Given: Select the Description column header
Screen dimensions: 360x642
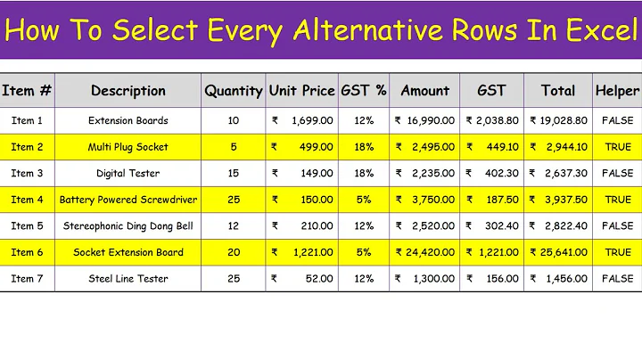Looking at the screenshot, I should click(x=128, y=91).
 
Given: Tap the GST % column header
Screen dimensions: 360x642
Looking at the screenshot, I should click(x=363, y=91).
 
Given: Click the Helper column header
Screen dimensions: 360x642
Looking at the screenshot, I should click(x=617, y=91).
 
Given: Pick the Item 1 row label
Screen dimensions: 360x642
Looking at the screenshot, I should click(x=27, y=120).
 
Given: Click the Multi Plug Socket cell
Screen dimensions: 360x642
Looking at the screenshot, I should click(x=128, y=147).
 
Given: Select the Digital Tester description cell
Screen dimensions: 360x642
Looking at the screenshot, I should click(x=128, y=173).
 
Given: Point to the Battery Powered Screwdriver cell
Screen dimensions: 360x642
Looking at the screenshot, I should click(x=128, y=200).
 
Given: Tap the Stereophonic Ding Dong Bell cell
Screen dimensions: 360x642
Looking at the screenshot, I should click(x=128, y=226).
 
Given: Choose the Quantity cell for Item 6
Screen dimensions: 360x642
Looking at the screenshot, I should click(x=234, y=252).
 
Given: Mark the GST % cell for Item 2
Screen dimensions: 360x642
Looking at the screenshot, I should click(x=363, y=147).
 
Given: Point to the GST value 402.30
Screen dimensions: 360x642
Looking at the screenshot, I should click(x=491, y=173).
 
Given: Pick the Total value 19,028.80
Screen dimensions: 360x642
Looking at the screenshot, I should click(x=558, y=120).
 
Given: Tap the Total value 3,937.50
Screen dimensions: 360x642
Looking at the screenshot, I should click(x=558, y=200).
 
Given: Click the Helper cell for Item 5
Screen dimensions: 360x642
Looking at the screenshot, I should click(x=617, y=226).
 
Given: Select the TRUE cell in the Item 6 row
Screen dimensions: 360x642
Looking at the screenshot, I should click(x=617, y=252).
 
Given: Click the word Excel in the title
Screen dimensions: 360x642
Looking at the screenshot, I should click(x=592, y=32).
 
